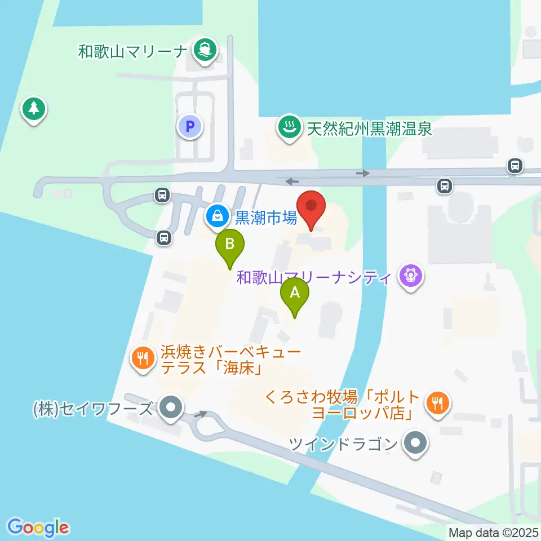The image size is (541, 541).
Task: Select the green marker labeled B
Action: pyautogui.click(x=230, y=246)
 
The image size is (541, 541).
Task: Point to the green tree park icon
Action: pyautogui.click(x=34, y=108)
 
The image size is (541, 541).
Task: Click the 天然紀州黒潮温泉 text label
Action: pyautogui.click(x=369, y=128)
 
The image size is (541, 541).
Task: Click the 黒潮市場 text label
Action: pyautogui.click(x=265, y=217)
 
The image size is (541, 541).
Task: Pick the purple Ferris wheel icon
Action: pyautogui.click(x=410, y=277)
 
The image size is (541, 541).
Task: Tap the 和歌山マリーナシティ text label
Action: pyautogui.click(x=314, y=277)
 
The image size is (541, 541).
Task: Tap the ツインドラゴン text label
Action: pyautogui.click(x=343, y=444)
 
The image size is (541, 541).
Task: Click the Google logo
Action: pyautogui.click(x=38, y=527)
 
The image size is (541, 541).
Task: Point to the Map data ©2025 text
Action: pyautogui.click(x=494, y=532)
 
